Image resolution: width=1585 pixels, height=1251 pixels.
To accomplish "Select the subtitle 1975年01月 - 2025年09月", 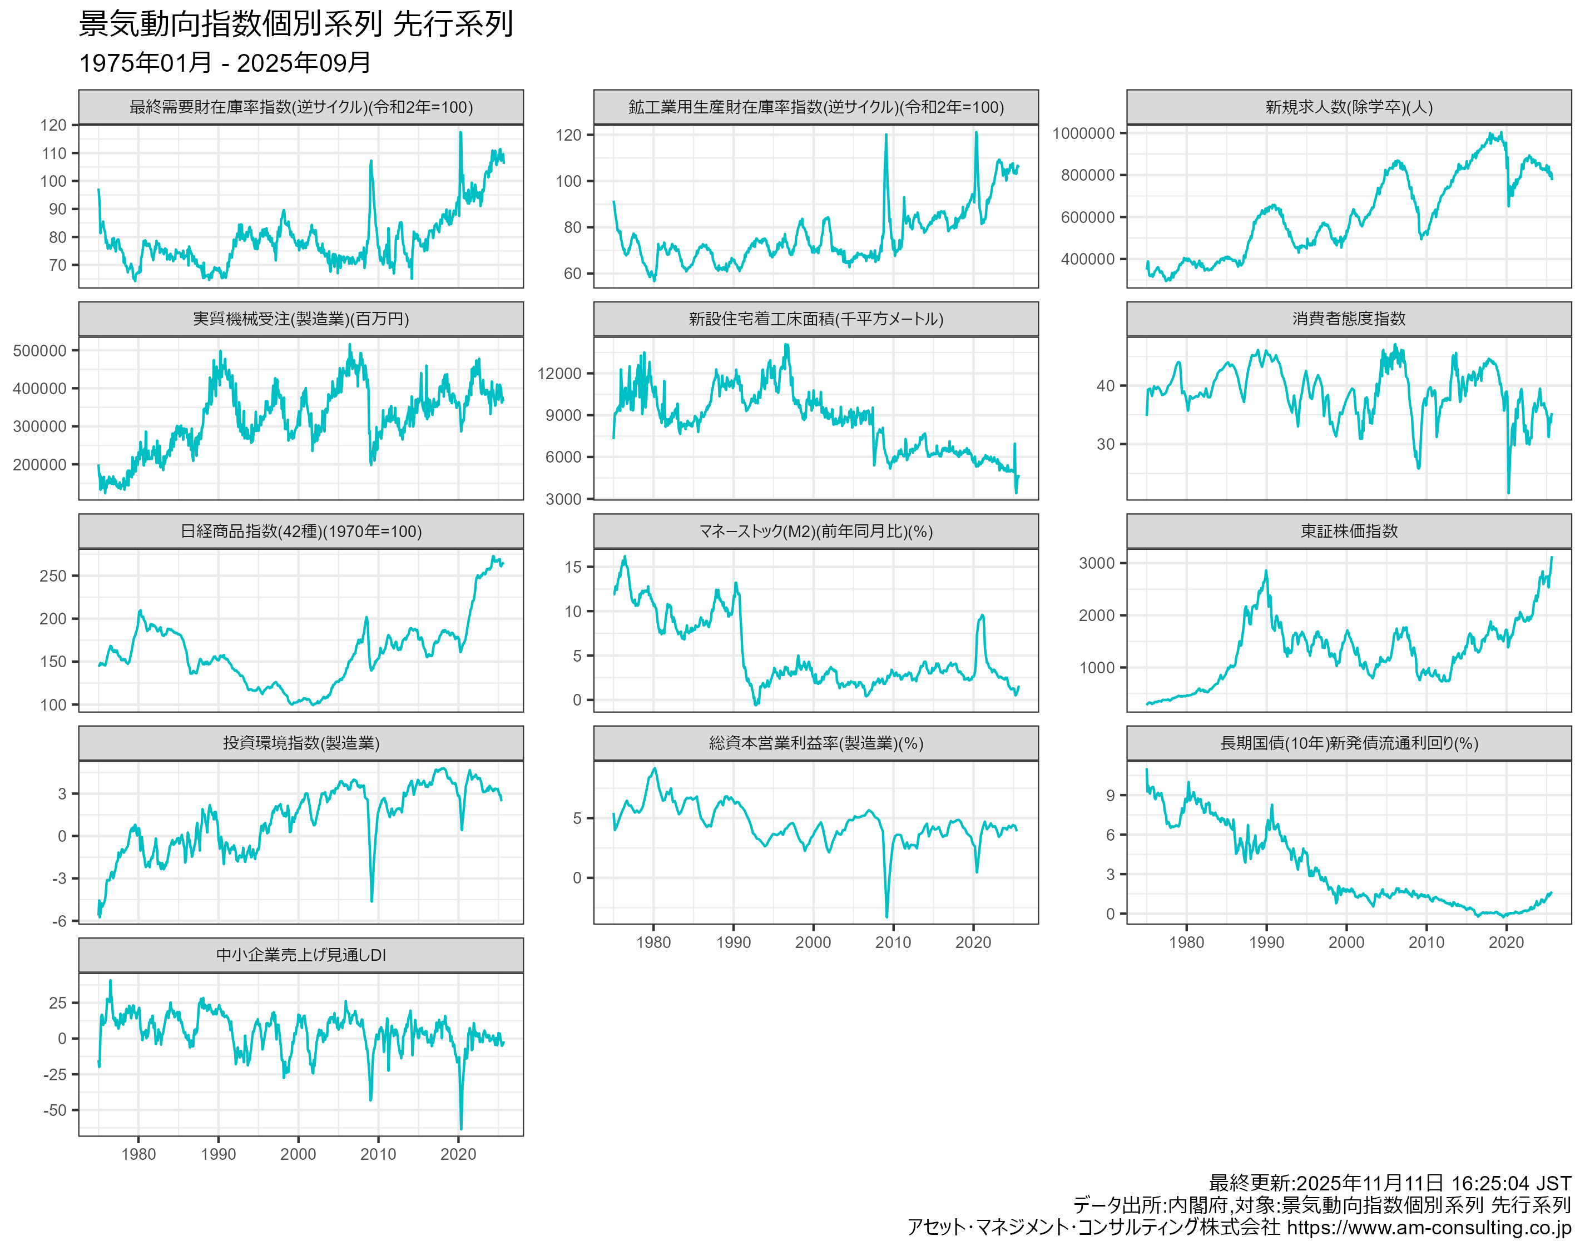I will (224, 63).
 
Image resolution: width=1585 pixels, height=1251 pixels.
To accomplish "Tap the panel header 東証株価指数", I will (1349, 531).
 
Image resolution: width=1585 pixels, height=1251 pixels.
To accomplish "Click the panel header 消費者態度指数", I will (1349, 319).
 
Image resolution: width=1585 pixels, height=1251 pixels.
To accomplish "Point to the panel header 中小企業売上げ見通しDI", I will (300, 955).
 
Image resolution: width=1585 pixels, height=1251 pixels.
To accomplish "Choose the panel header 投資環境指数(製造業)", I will (300, 743).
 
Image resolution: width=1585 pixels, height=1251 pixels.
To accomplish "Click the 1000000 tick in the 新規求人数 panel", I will (1083, 133).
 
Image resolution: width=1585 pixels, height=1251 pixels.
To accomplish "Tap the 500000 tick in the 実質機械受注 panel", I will (39, 351).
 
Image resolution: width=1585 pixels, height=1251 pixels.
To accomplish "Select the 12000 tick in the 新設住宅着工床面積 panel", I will (559, 374).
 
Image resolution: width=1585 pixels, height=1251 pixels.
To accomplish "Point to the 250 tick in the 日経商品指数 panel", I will (53, 575).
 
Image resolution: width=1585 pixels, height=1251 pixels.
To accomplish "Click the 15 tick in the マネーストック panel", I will (573, 567).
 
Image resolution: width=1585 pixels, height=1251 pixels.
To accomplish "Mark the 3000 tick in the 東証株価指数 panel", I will (1097, 563).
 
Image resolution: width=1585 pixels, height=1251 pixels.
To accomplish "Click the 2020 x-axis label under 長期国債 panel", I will (1506, 942).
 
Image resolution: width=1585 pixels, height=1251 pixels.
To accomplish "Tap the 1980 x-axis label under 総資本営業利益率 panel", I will (653, 942).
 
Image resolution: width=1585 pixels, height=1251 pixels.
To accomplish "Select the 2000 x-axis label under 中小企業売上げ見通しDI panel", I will (298, 1154).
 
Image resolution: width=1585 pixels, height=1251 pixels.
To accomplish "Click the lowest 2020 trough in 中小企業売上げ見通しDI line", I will (460, 1128).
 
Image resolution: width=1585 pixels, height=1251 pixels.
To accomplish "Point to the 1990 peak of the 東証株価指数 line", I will (1266, 572).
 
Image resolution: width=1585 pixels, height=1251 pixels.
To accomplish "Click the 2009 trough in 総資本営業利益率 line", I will (887, 916).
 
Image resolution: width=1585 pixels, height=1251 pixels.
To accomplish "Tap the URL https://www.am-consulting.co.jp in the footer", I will (1428, 1228).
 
